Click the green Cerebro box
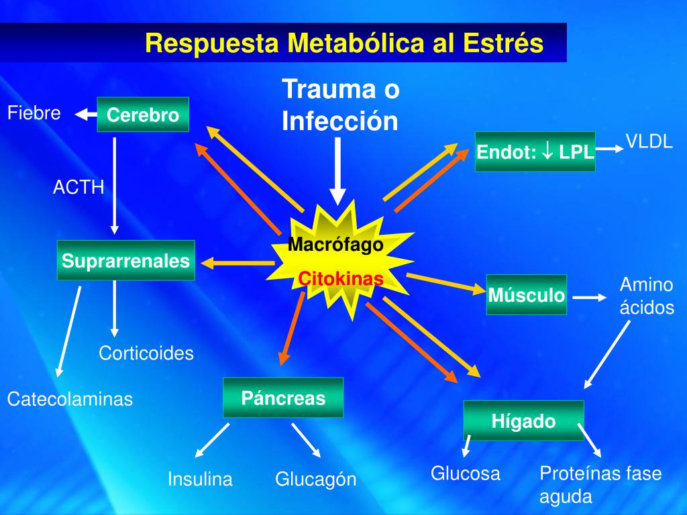point(143,115)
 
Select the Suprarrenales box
point(126,260)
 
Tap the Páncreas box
point(283,398)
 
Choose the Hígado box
point(524,420)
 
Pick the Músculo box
point(527,294)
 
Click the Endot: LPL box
point(535,152)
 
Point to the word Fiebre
point(34,113)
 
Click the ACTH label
point(78,187)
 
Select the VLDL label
point(649,141)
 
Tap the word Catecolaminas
point(70,400)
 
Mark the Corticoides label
point(146,353)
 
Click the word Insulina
point(200,479)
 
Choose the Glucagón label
point(315,479)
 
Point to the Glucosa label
point(466,473)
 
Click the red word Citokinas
point(341,278)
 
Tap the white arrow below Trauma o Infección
point(338,171)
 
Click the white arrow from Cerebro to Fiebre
point(85,115)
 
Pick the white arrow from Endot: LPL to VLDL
point(609,150)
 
